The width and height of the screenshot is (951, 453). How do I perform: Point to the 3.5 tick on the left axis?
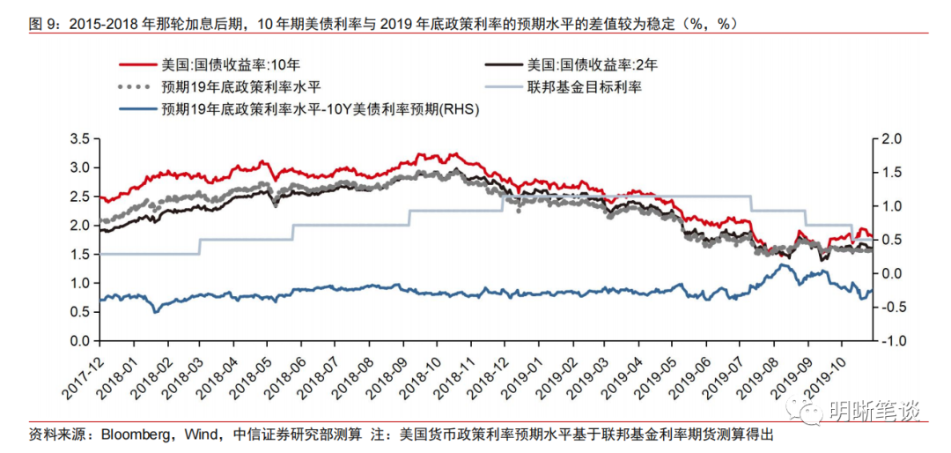[x=81, y=139]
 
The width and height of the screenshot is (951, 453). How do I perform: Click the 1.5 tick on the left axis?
[x=81, y=255]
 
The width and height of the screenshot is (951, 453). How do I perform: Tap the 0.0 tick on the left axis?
[x=81, y=341]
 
